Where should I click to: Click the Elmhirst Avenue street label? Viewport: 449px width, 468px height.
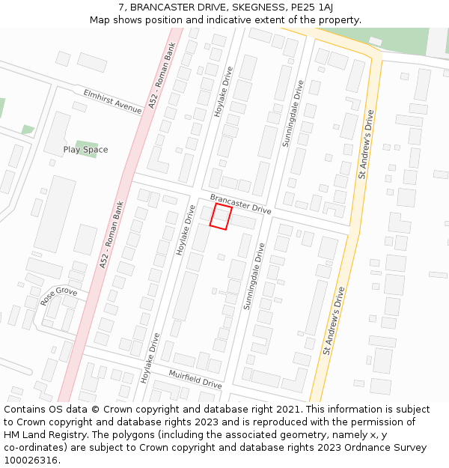tap(113, 101)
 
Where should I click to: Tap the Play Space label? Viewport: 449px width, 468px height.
tap(85, 150)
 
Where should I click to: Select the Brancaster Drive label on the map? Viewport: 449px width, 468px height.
tap(240, 204)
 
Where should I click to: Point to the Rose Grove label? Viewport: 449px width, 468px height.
tap(59, 296)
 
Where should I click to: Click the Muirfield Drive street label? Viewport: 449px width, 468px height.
tap(195, 378)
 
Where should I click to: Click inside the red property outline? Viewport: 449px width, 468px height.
tap(221, 216)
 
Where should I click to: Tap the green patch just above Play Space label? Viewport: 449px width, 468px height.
tap(87, 142)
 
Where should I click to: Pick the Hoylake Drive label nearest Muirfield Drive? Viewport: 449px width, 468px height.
tap(150, 358)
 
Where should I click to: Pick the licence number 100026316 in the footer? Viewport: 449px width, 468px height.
tap(32, 461)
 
